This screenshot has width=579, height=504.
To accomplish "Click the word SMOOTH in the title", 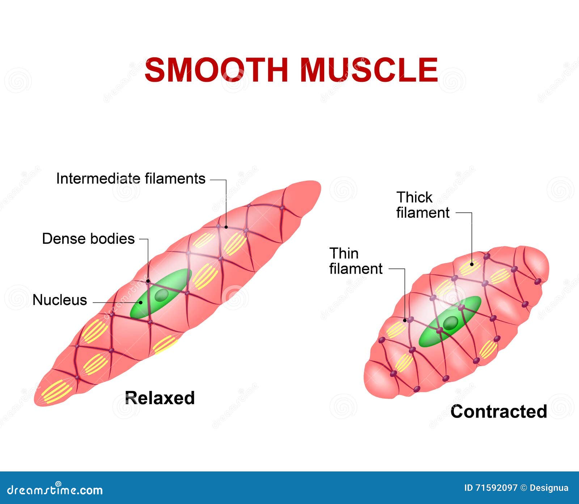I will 216,70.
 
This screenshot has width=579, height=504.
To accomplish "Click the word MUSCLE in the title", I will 369,70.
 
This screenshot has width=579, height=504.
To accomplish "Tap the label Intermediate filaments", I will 131,179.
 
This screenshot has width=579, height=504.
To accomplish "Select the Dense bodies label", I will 88,239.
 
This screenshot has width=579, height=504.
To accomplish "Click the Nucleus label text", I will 60,300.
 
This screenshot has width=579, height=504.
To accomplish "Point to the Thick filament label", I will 422,205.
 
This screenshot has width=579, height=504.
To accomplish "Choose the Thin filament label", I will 355,261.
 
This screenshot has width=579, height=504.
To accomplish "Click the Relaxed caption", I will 160,398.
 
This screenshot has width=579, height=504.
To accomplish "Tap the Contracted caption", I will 498,411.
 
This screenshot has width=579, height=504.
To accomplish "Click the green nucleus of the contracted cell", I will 450,322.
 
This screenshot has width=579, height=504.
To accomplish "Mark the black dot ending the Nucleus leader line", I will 141,302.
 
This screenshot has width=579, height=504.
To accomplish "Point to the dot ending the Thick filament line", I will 472,264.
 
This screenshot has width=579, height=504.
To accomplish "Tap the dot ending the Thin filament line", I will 405,321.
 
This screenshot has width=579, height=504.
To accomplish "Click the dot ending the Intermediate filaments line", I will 226,227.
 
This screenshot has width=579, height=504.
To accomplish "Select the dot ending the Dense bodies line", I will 148,281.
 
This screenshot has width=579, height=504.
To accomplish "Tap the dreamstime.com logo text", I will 55,490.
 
